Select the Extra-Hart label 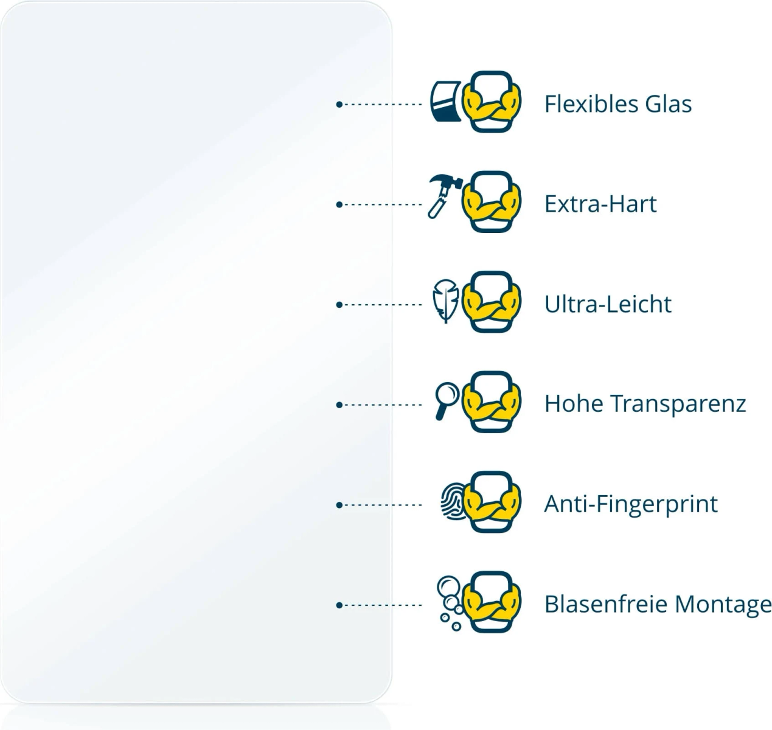tap(600, 204)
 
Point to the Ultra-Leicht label tap(608, 304)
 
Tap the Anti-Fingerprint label tap(631, 504)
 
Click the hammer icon tap(445, 196)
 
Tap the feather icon tap(445, 301)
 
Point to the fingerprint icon tap(453, 501)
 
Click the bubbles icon tap(450, 603)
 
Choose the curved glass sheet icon tap(446, 102)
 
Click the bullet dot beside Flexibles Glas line tap(339, 105)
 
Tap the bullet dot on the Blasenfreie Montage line tap(339, 605)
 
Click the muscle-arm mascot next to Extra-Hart tap(491, 202)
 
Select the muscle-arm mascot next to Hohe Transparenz tap(491, 402)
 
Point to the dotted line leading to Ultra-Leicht tap(380, 305)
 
